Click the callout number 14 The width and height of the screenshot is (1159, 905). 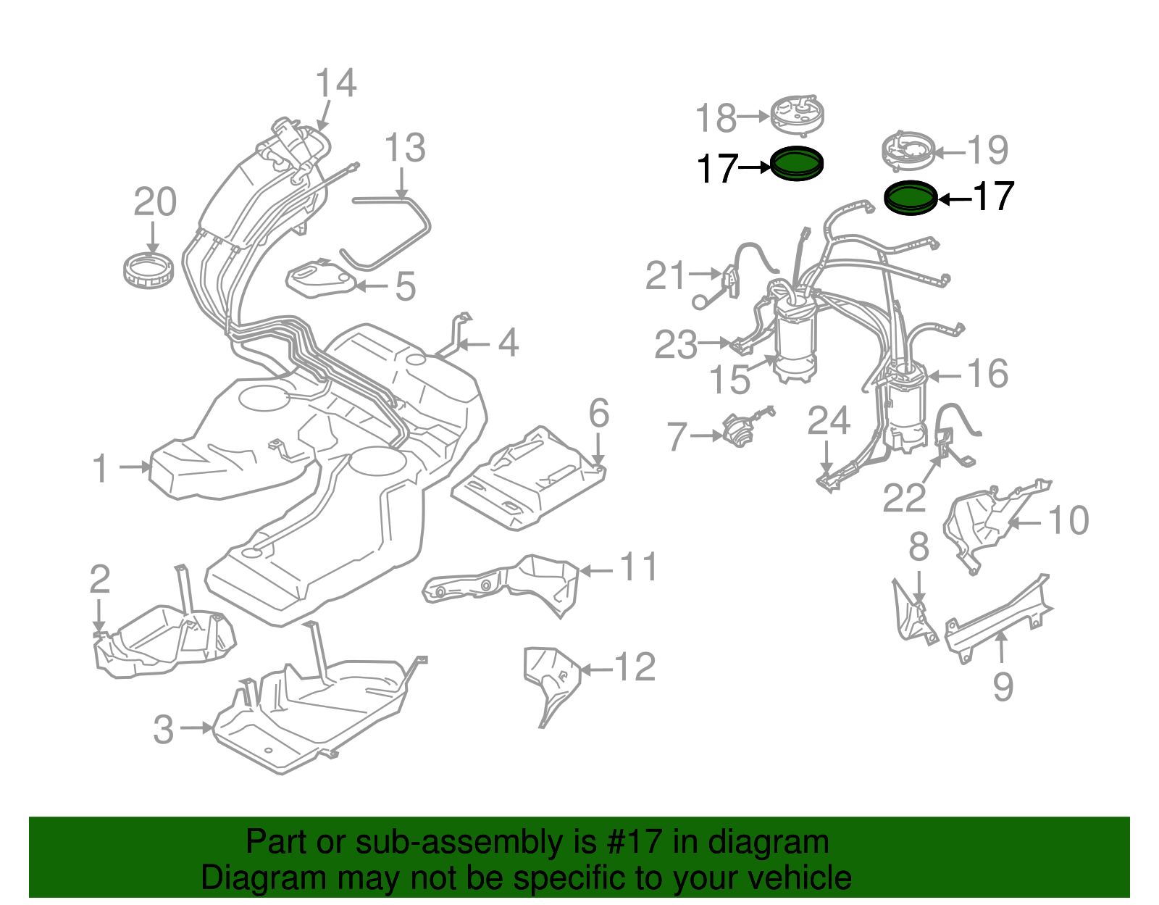[x=336, y=83]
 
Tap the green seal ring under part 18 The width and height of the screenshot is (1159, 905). [x=796, y=163]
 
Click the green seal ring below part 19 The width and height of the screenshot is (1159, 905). [x=911, y=197]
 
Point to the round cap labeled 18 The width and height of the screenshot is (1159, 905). [x=796, y=114]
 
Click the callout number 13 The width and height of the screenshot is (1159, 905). [x=404, y=149]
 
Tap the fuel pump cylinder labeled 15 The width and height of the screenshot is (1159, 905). [x=795, y=341]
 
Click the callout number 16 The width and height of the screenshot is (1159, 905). [x=988, y=374]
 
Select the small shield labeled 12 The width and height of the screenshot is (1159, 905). [x=551, y=677]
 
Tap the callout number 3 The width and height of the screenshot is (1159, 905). [x=164, y=729]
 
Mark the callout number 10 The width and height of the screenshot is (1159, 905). [x=1068, y=520]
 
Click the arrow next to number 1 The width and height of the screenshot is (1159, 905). [x=134, y=467]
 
